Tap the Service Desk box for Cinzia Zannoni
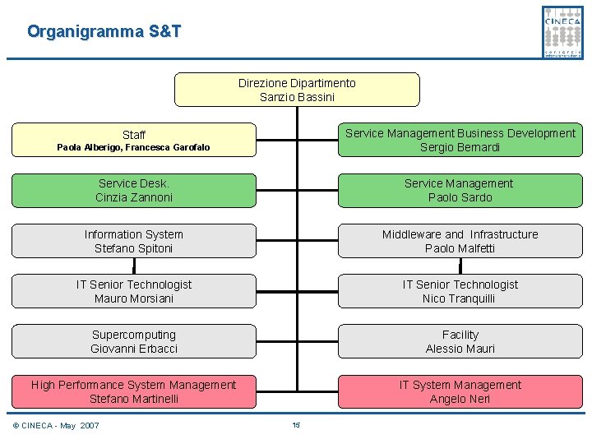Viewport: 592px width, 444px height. [133, 191]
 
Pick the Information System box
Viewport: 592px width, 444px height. [133, 241]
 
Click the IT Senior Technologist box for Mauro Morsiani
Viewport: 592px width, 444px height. [133, 291]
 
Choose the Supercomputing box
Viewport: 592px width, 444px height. [133, 341]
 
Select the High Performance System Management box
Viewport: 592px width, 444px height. [133, 391]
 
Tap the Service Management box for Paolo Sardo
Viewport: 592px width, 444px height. [460, 191]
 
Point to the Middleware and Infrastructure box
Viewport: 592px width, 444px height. [460, 241]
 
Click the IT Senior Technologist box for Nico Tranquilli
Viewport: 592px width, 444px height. [460, 291]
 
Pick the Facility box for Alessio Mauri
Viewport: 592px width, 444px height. [460, 341]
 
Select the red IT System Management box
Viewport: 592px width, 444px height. [460, 391]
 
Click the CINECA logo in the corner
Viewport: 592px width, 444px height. [562, 31]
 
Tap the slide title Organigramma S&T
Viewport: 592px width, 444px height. [104, 32]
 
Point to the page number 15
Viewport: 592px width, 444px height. [296, 425]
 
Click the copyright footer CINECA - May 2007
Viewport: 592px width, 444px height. [56, 425]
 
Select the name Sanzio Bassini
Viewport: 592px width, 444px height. [297, 97]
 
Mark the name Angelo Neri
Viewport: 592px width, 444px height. [460, 399]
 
